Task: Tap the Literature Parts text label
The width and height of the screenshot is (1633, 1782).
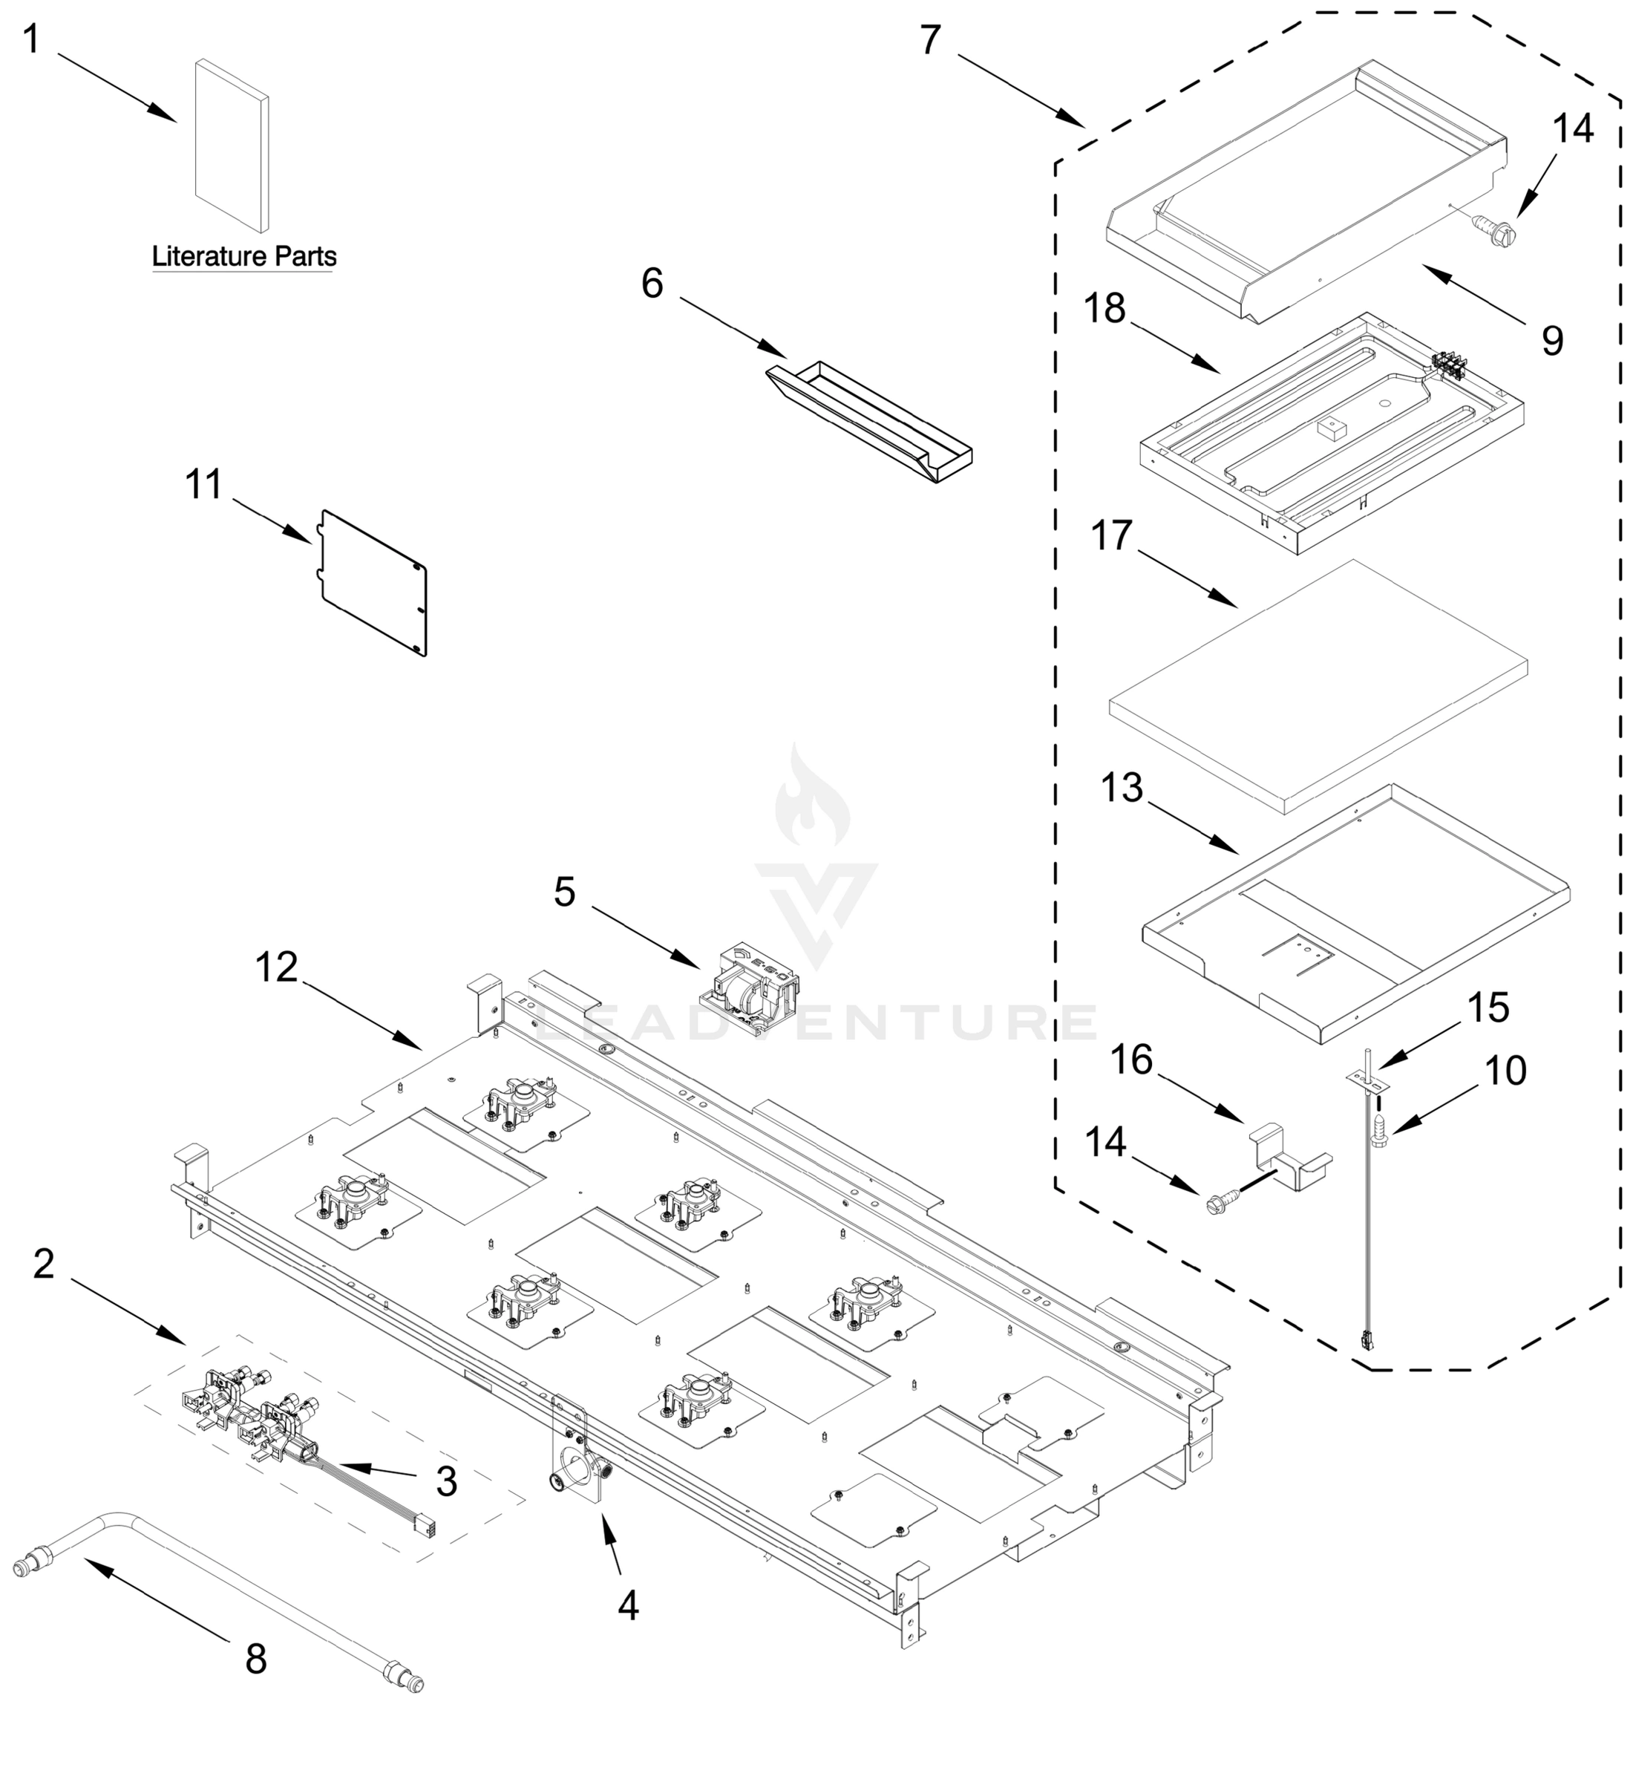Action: coord(244,256)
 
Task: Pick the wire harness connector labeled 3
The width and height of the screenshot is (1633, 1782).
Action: coord(428,1525)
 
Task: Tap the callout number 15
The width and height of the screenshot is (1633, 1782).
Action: coord(1489,1008)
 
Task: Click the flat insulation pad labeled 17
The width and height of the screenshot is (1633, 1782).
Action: coord(1317,688)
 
